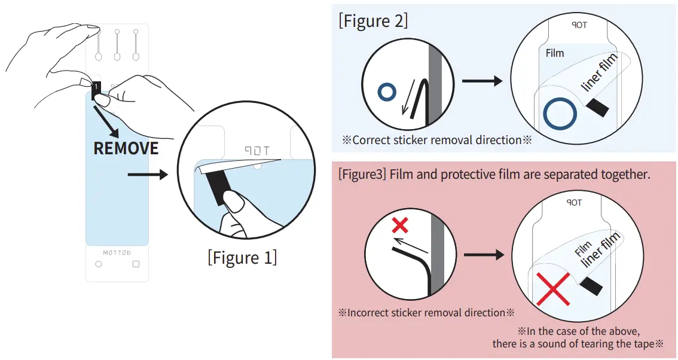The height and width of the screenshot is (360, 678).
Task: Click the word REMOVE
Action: [x=126, y=148]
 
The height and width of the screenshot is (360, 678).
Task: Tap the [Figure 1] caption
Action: [x=242, y=258]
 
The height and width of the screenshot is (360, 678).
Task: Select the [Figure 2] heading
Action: [x=373, y=21]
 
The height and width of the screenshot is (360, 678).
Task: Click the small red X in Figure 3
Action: [x=399, y=225]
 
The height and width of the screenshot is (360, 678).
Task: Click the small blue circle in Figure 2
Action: [x=387, y=92]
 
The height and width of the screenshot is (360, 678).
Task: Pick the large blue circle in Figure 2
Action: [x=560, y=114]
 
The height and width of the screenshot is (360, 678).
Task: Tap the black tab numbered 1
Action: [x=96, y=87]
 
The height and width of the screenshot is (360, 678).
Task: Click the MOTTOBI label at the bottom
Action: [x=117, y=252]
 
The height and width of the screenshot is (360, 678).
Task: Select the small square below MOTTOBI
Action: [x=136, y=264]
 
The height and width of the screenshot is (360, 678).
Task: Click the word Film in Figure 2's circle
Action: [x=555, y=53]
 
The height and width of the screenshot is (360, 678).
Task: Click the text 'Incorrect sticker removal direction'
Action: [x=426, y=312]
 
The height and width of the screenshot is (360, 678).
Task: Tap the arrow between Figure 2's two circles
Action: [x=482, y=81]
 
